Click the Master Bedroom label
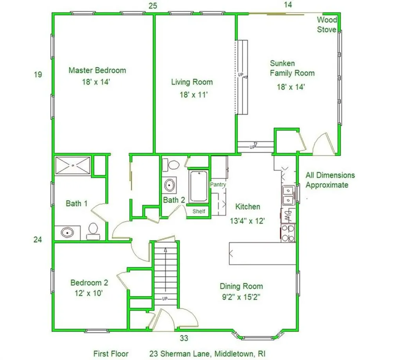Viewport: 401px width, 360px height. click(97, 70)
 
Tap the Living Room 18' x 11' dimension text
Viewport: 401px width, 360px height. click(192, 94)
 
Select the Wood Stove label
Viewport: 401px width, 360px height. click(327, 24)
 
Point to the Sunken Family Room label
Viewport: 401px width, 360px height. click(292, 68)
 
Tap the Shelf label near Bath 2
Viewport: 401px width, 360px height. click(198, 211)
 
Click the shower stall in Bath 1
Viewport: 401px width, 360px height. click(73, 165)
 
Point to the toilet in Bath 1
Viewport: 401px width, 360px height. click(93, 231)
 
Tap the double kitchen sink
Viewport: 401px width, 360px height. click(288, 195)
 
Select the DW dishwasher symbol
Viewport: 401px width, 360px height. click(288, 214)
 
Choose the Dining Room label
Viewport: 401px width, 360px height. click(241, 286)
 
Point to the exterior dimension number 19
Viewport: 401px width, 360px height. click(38, 74)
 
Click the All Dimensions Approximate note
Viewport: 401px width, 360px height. click(330, 180)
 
